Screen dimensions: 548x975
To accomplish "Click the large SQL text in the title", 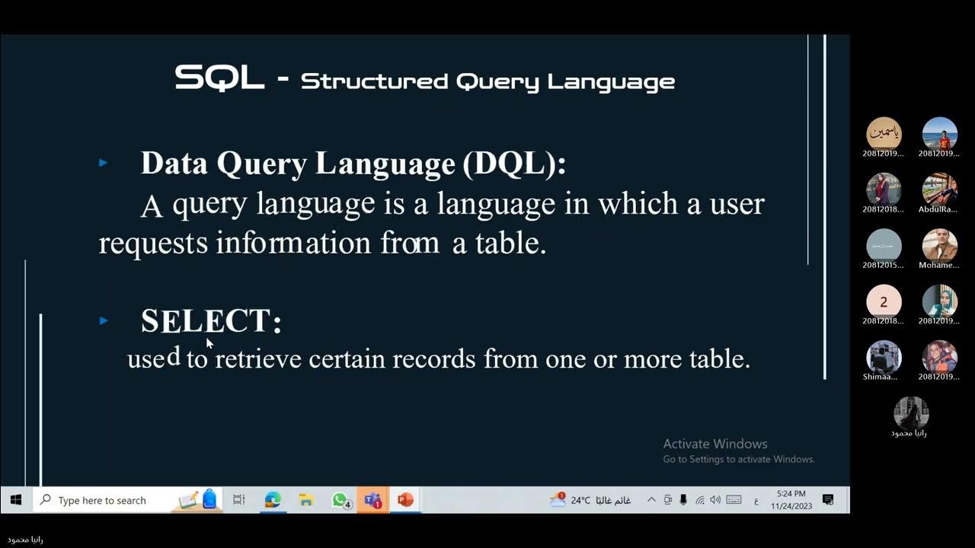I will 219,78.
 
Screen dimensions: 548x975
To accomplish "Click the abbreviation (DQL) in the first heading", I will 514,164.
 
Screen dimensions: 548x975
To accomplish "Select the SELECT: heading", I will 211,321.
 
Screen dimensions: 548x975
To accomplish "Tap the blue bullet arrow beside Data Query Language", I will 104,163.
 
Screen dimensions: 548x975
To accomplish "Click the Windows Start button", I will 16,500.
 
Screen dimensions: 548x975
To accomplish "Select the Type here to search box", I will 102,500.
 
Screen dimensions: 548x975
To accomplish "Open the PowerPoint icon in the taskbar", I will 405,500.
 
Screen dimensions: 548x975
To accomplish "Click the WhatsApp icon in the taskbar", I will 340,500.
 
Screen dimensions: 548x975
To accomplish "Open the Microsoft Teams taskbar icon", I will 372,500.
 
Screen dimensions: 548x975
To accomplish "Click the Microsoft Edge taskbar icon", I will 273,500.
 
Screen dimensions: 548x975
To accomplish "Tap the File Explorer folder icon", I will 306,500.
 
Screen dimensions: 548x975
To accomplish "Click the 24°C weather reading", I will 580,500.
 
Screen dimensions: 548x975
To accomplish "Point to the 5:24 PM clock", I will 791,494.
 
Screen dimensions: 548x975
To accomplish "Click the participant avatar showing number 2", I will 884,302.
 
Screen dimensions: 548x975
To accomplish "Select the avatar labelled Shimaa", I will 884,358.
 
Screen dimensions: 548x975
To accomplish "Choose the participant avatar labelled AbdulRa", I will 939,190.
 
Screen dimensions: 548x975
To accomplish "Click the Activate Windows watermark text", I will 715,444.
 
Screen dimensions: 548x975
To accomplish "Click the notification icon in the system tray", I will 828,500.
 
